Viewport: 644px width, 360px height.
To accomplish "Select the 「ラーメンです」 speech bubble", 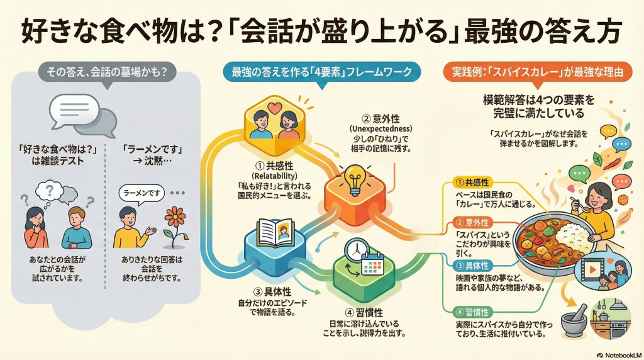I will click(142, 194).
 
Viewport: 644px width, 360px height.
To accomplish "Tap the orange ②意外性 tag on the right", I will click(475, 223).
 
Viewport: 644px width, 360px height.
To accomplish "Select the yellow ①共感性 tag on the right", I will click(475, 183).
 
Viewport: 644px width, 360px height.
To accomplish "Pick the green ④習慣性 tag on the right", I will click(475, 311).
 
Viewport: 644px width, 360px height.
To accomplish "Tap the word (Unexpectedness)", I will click(380, 128).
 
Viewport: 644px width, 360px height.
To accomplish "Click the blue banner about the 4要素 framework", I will click(322, 72).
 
